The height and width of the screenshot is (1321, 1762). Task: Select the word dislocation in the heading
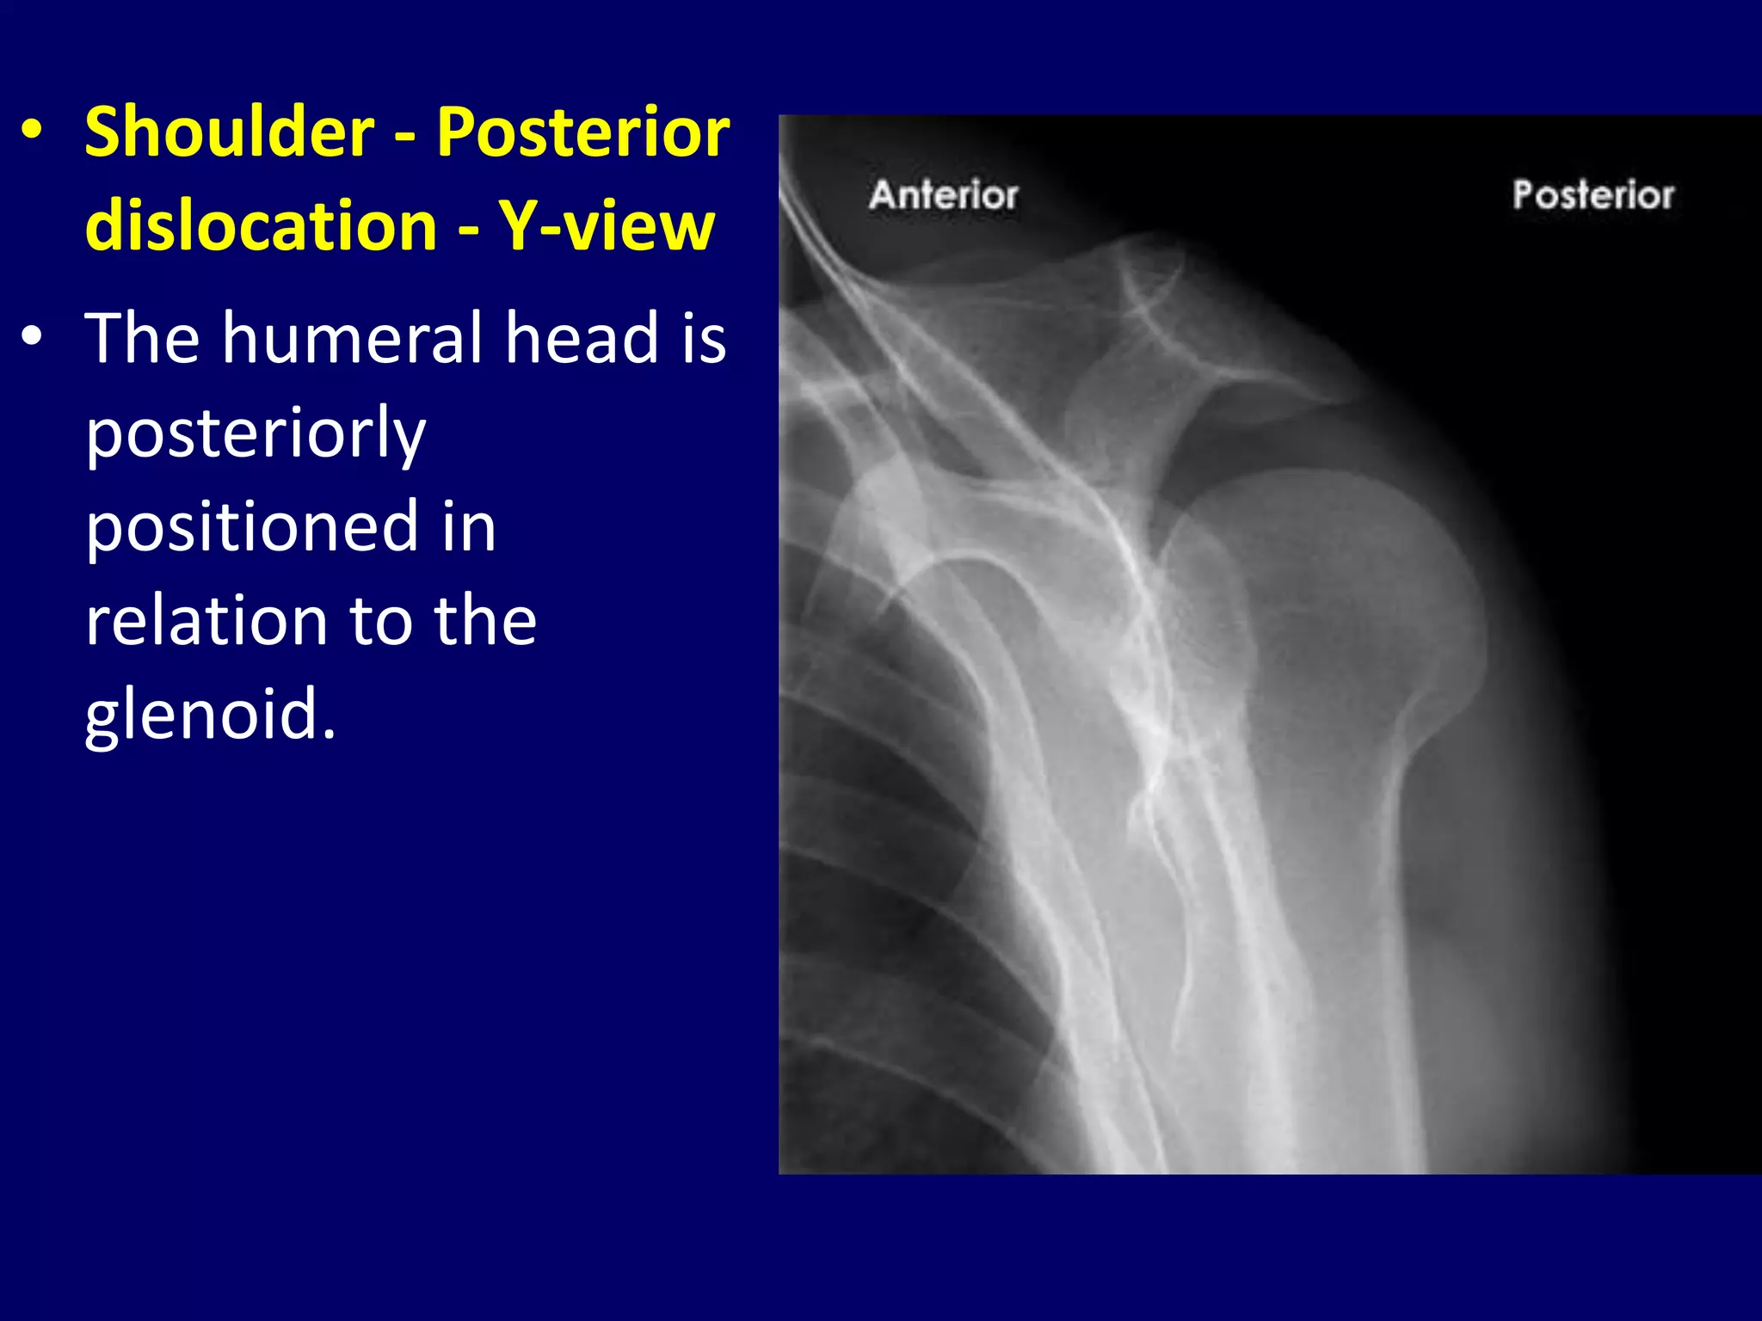click(x=262, y=225)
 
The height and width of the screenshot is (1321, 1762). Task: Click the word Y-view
click(x=607, y=225)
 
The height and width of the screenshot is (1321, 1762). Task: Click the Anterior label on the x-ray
click(x=943, y=195)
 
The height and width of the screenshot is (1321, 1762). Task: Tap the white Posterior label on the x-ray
click(x=1593, y=195)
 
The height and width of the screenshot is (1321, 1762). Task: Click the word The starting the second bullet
click(x=142, y=337)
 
